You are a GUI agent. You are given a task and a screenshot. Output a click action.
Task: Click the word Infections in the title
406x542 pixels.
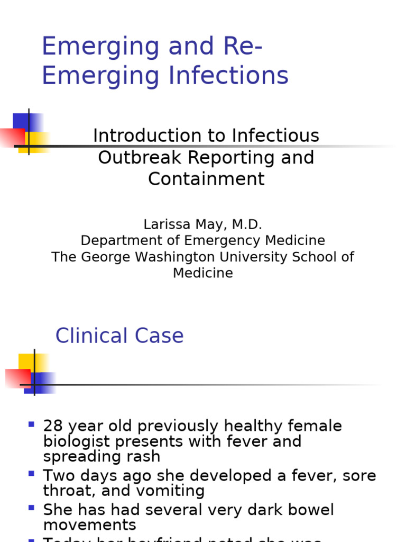(x=228, y=75)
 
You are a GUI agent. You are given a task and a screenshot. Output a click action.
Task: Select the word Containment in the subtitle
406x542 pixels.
(x=206, y=179)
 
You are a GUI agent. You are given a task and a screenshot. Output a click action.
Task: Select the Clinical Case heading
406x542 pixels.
(x=119, y=336)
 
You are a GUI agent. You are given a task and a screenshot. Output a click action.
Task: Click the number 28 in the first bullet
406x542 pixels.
(x=52, y=426)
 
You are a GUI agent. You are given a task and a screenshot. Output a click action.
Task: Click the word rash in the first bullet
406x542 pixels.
(x=144, y=456)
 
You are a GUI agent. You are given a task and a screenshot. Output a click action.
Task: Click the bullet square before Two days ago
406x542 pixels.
(x=31, y=473)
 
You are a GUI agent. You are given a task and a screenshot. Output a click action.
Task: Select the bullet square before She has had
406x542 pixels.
(x=31, y=508)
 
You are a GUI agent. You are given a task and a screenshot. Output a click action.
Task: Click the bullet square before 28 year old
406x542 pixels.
(x=31, y=424)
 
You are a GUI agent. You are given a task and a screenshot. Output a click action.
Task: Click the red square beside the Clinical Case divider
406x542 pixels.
(x=17, y=378)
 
